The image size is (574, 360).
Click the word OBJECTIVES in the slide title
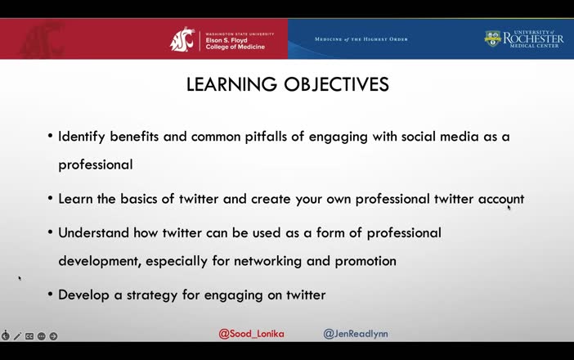pos(336,84)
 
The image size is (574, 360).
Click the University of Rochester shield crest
pos(492,38)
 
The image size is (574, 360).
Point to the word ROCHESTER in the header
pos(533,38)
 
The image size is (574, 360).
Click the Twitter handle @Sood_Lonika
pos(251,334)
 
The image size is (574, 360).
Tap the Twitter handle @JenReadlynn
pos(356,334)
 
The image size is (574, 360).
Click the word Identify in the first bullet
pos(81,137)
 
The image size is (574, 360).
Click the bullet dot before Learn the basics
pos(51,199)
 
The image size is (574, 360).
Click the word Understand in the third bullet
pos(92,232)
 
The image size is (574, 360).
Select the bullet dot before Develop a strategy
pos(51,295)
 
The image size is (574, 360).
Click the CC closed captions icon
pos(29,336)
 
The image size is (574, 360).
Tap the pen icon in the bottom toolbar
pos(17,336)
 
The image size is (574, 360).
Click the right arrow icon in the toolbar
pos(53,336)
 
